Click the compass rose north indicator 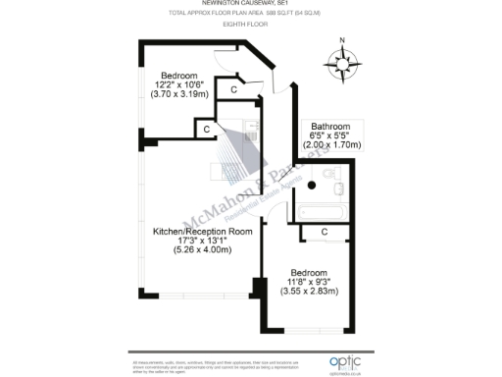pyautogui.click(x=342, y=42)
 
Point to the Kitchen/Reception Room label pyautogui.click(x=202, y=231)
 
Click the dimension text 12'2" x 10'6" pyautogui.click(x=179, y=85)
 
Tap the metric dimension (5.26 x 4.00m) pyautogui.click(x=202, y=250)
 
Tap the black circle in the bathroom pyautogui.click(x=312, y=185)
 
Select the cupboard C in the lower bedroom pyautogui.click(x=324, y=232)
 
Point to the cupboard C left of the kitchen pyautogui.click(x=206, y=128)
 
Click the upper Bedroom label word pyautogui.click(x=179, y=76)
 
